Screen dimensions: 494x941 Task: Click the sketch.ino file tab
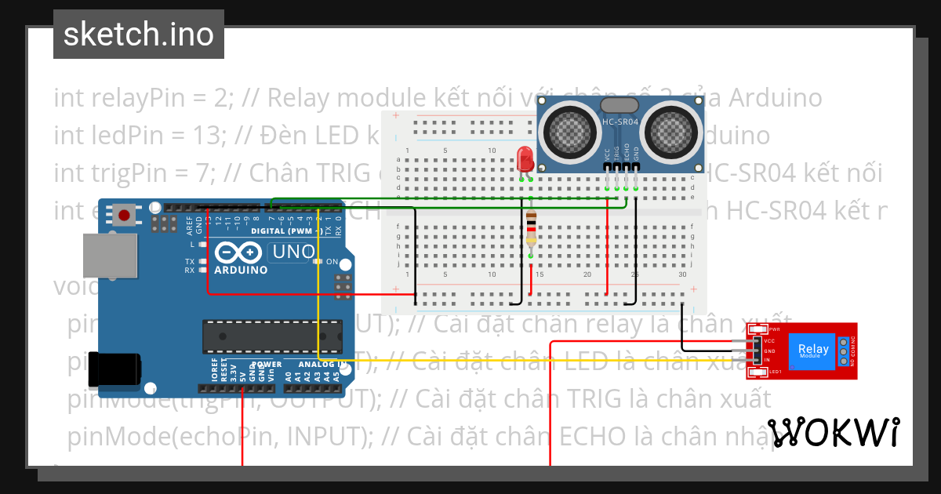139,35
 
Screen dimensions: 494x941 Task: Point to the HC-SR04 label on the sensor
619,122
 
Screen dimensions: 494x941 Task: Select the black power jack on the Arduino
114,369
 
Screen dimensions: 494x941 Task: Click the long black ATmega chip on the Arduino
272,336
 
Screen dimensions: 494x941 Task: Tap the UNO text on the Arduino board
292,252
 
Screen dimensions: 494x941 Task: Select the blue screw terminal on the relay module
843,352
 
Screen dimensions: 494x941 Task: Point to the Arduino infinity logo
238,253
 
